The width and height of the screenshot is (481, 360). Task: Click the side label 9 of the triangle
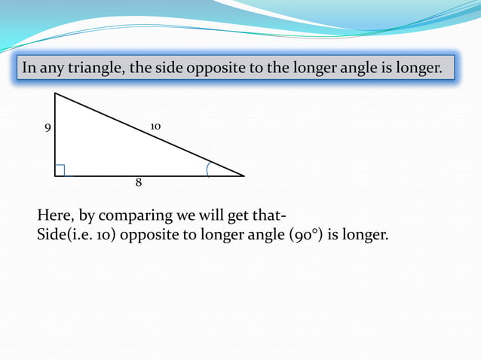tap(47, 128)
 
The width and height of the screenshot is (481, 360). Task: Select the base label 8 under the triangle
tap(139, 182)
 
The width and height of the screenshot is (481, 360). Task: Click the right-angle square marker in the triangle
tap(60, 170)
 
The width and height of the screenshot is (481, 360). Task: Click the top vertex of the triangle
tap(55, 93)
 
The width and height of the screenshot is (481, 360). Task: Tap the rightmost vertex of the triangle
tap(244, 175)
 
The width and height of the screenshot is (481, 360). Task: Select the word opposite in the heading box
tap(231, 69)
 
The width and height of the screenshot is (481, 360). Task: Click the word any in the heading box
tap(51, 69)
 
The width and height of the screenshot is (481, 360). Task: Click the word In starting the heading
tap(29, 69)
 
